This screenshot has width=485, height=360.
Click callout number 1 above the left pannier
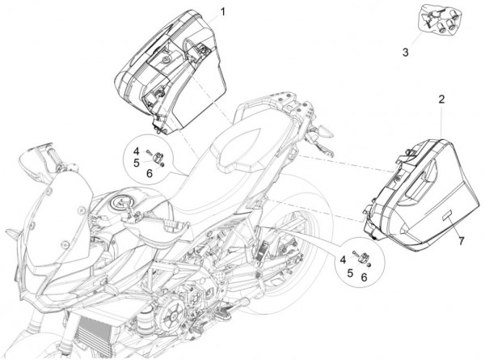(x=223, y=11)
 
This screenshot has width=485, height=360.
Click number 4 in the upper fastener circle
(x=137, y=151)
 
